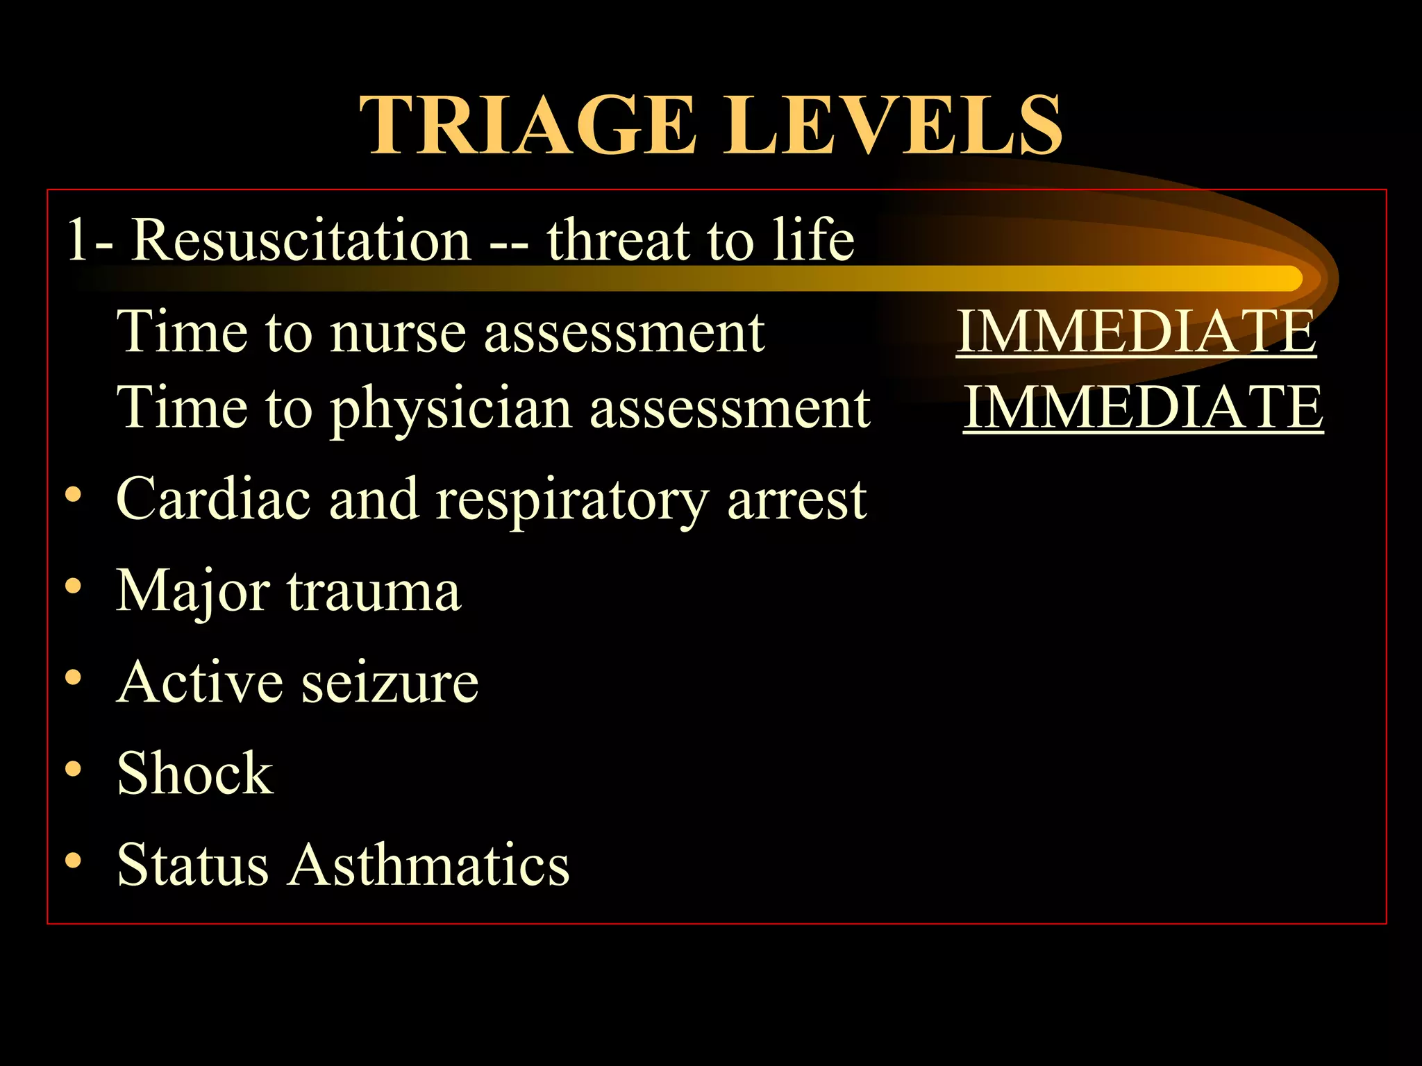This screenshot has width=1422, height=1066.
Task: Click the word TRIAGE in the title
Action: (528, 126)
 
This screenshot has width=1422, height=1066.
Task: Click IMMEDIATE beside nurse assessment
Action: (1136, 332)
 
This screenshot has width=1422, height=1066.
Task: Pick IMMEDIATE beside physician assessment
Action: (1143, 408)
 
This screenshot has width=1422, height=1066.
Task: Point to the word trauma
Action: (374, 591)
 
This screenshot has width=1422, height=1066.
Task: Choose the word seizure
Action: (390, 682)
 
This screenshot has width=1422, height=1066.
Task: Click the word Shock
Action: (195, 773)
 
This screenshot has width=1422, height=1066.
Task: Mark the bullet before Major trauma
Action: (74, 586)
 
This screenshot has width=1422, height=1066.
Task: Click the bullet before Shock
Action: (74, 769)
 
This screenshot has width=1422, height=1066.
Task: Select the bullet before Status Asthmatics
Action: (74, 861)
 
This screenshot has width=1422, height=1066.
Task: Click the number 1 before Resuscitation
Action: (77, 240)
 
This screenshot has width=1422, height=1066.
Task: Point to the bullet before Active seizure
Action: (74, 677)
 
